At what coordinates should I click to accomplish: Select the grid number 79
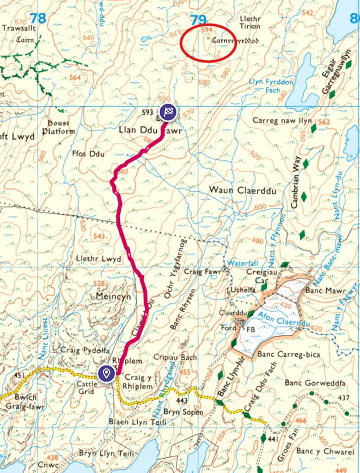click(198, 19)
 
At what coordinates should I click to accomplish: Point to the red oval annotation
click(207, 42)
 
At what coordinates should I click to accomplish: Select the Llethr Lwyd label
click(99, 259)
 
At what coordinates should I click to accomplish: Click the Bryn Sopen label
click(183, 412)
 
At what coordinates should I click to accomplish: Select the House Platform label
click(59, 127)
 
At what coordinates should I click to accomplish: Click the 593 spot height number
click(148, 111)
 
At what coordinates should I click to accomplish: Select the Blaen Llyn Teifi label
click(134, 422)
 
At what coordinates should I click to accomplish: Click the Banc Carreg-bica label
click(285, 355)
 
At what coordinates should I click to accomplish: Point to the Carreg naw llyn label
click(282, 121)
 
